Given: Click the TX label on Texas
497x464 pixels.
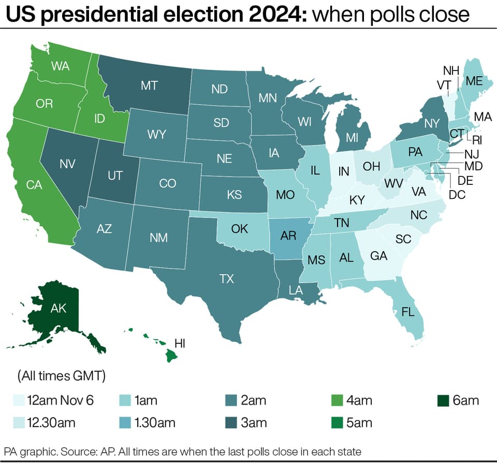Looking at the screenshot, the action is coord(227,279).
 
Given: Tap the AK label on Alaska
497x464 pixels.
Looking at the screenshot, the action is coord(59,308).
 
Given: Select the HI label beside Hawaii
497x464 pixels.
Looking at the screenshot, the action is coord(180,343).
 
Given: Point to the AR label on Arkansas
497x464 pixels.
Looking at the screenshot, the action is coord(288,236).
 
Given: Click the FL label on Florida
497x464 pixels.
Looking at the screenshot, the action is coord(408,312).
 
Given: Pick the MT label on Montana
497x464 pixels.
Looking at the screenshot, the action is coord(149,85).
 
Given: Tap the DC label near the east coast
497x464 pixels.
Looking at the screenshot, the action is coord(457,195).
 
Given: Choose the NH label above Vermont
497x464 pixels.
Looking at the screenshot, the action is coord(451,70).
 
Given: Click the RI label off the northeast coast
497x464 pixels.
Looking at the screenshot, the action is coord(477,140).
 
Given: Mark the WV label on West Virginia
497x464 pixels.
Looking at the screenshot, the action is coord(393,183).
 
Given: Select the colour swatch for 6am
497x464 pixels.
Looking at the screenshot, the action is coord(443,401).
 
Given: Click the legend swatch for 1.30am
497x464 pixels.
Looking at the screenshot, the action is coord(125,423).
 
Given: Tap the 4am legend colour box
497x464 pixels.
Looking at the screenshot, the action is coord(337,401).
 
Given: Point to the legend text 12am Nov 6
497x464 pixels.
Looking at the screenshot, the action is coord(60,400).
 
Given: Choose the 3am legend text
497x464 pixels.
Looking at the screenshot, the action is coord(254,423).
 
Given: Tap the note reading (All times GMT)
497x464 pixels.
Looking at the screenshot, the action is coord(62,376).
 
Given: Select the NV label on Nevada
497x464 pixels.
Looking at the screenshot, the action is coord(67,164).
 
